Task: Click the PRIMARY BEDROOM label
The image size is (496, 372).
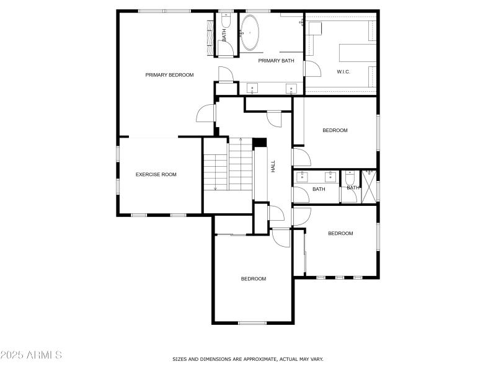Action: pos(169,75)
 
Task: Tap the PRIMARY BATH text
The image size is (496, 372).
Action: pos(276,61)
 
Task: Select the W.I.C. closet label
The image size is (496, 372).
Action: pos(343,72)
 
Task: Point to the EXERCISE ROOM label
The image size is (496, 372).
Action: pos(156,175)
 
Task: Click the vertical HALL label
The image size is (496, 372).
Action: pos(273,166)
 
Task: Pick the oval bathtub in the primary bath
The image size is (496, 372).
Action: pos(250,32)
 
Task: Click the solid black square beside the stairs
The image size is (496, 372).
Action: pos(260,142)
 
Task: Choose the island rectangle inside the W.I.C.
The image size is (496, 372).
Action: pos(356,52)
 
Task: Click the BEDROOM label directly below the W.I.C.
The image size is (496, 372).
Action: pos(335,131)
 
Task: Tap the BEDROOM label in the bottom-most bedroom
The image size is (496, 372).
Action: pos(254,279)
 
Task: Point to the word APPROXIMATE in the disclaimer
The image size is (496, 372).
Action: pos(250,359)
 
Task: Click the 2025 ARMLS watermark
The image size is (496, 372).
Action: pos(31,355)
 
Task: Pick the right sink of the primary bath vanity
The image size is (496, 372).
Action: pos(290,89)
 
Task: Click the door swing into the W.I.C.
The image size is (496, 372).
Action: pos(312,67)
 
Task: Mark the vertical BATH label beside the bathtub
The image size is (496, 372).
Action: pos(224,36)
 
